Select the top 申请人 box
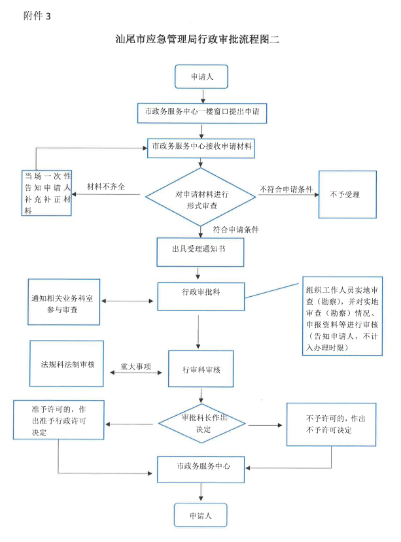pyautogui.click(x=201, y=76)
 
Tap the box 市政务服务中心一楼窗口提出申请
pyautogui.click(x=202, y=112)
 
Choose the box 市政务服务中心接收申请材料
pyautogui.click(x=201, y=146)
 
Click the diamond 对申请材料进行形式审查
pyautogui.click(x=201, y=197)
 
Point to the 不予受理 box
pyautogui.click(x=347, y=194)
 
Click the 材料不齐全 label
pyautogui.click(x=105, y=187)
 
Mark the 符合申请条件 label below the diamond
pyautogui.click(x=236, y=229)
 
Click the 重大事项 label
pyautogui.click(x=135, y=367)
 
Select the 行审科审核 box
pyautogui.click(x=201, y=369)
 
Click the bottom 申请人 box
pyautogui.click(x=200, y=515)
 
